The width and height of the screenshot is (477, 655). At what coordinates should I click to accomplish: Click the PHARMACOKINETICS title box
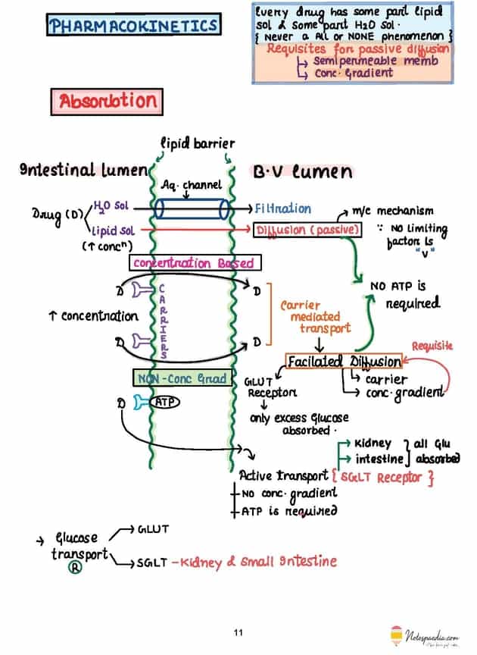click(133, 26)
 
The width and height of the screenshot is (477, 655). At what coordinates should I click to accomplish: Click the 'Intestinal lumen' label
click(81, 171)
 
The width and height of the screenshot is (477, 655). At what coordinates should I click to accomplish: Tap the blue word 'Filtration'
click(283, 208)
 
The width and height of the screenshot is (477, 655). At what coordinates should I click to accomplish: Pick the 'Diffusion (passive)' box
click(307, 227)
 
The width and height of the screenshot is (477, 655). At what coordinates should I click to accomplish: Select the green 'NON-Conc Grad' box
click(181, 378)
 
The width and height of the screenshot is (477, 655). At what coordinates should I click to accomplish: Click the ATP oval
click(164, 402)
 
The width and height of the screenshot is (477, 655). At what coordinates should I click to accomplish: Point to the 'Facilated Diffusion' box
click(344, 362)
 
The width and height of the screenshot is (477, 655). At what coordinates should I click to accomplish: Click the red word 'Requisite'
click(432, 346)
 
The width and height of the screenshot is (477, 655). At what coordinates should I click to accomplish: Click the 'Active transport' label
click(283, 476)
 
